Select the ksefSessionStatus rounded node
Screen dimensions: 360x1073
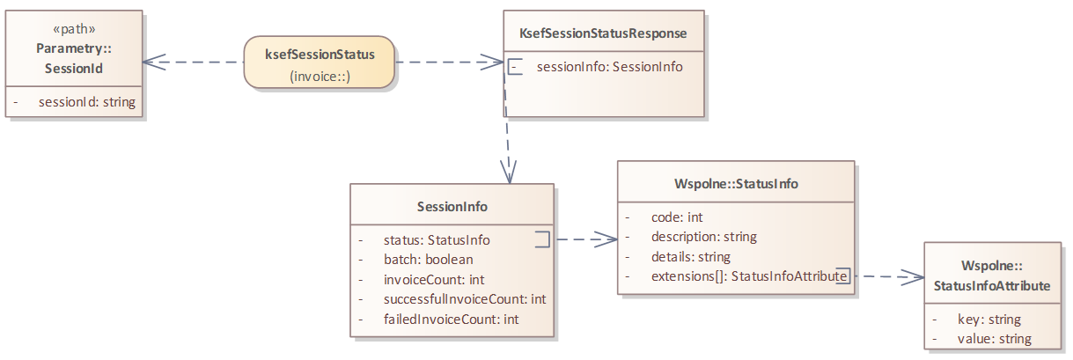pos(320,62)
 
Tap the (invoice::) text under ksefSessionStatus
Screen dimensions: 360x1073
pos(320,77)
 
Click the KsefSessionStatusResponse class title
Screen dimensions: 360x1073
pos(603,33)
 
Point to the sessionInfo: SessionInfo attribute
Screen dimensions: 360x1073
pos(609,66)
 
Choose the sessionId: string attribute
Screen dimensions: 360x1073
pos(87,102)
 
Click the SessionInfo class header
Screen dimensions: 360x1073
pos(452,207)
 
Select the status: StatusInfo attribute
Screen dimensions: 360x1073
pos(437,239)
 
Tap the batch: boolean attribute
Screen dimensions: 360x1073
pos(428,259)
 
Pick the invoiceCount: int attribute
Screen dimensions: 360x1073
pos(434,279)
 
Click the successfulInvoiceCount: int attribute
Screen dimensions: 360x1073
pos(465,299)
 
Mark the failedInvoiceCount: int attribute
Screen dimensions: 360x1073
pos(451,319)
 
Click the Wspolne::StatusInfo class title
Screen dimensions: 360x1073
pos(735,184)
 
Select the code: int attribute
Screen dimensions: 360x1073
pos(676,217)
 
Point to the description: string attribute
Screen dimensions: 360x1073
pos(703,237)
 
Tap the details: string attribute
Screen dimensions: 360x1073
pos(691,257)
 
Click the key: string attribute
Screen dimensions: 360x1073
pos(988,319)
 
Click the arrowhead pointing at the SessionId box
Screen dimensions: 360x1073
pos(151,62)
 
